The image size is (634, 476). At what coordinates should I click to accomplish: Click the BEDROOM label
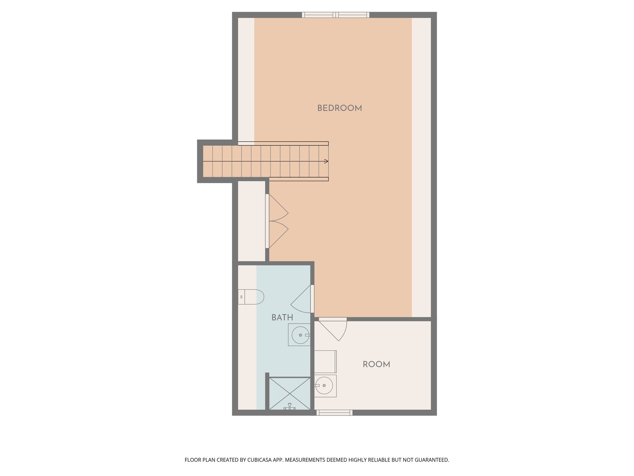click(339, 108)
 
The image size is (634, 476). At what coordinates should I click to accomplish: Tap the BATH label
click(282, 317)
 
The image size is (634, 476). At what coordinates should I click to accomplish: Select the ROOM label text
click(376, 364)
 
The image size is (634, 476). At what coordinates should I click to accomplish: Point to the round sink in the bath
click(300, 335)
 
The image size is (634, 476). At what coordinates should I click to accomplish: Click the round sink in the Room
click(324, 386)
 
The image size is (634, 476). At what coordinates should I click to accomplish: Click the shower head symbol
click(289, 406)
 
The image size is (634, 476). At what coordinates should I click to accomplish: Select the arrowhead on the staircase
click(326, 161)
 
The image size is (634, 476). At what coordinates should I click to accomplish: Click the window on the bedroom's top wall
click(336, 15)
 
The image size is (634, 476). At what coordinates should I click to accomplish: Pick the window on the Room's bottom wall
click(334, 412)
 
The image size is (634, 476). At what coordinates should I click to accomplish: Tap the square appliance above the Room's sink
click(325, 362)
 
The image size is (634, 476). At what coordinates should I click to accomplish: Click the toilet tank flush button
click(241, 297)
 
